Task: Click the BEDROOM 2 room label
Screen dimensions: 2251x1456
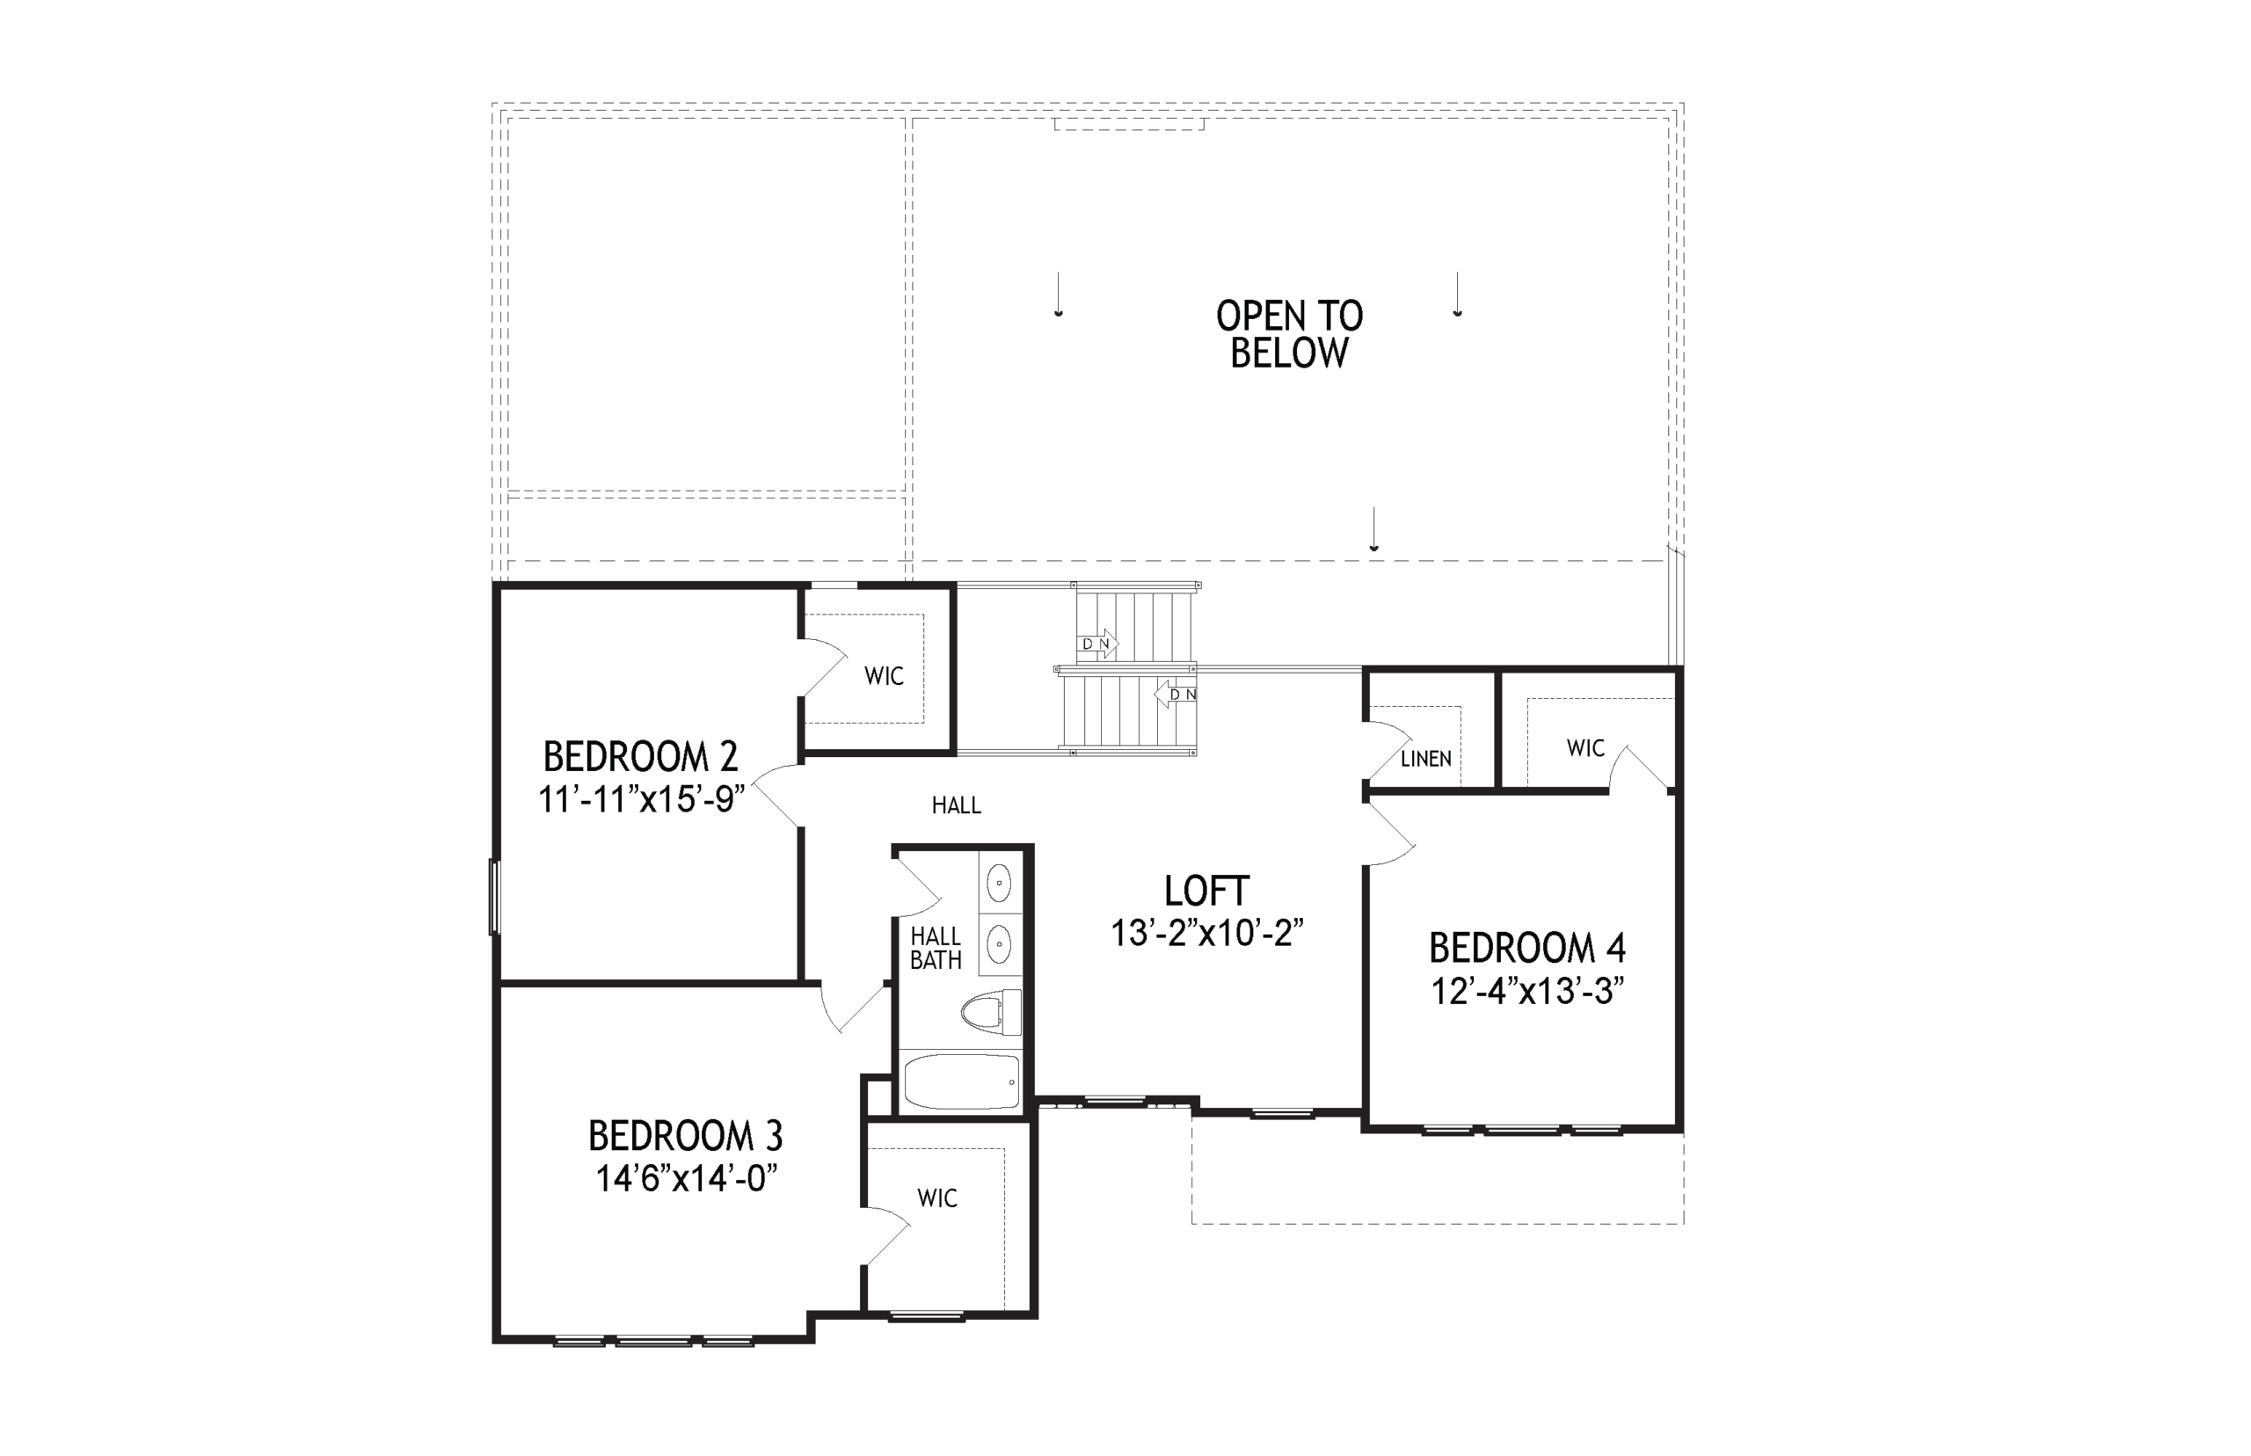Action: (x=640, y=756)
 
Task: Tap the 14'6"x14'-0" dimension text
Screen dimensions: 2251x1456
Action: (x=687, y=1179)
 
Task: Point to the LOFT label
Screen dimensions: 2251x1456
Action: (x=1206, y=891)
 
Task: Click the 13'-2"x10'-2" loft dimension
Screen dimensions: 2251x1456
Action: (x=1207, y=933)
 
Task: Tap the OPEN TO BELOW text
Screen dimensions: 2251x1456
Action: (x=1290, y=334)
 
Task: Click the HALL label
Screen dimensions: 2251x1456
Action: (x=957, y=805)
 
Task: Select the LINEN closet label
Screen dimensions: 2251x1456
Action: (x=1425, y=758)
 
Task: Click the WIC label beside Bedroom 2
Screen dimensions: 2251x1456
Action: (x=884, y=676)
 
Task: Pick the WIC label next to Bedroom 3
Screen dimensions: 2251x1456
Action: (x=937, y=1199)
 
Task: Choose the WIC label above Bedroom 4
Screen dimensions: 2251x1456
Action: (x=1585, y=748)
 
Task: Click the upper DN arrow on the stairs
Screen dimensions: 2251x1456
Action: (x=1097, y=644)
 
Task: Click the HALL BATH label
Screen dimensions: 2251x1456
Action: (x=936, y=949)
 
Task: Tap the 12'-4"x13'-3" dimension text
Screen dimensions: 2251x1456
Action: (x=1527, y=992)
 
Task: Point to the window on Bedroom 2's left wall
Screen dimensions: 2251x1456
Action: (x=494, y=896)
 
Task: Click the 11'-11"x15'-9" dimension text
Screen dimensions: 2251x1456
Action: (x=642, y=799)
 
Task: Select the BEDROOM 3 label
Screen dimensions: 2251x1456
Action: (x=686, y=1135)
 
